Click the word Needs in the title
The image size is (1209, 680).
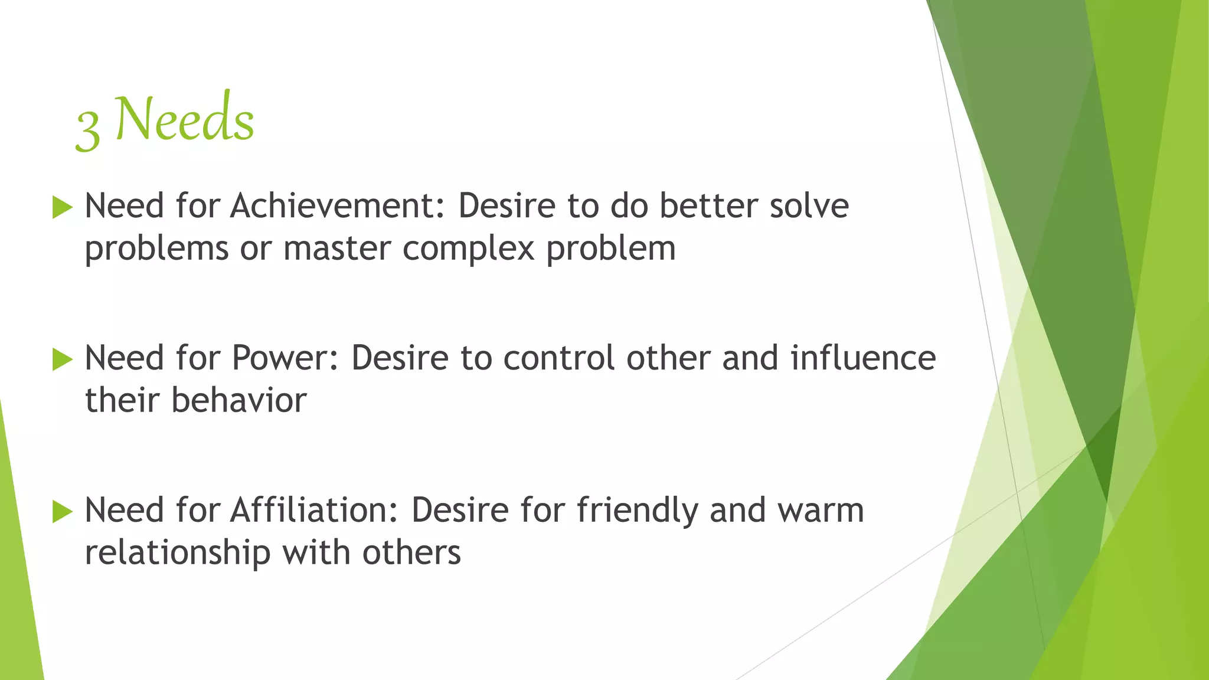coord(185,120)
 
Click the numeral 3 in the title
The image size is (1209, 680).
coord(88,132)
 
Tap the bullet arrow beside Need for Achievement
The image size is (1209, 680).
coord(62,208)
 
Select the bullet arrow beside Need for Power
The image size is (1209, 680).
coord(62,359)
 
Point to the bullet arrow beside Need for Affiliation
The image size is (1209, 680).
coord(62,511)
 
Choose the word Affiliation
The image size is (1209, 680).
coord(315,510)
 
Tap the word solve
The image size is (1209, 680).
coord(809,206)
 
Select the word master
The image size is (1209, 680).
coord(337,249)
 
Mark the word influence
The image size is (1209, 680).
coord(863,358)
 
